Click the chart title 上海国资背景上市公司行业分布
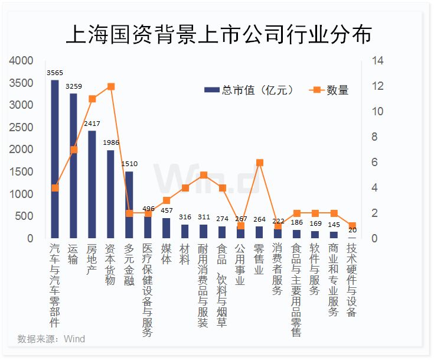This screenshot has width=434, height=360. pos(218,34)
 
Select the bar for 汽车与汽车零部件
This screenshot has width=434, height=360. pos(55,160)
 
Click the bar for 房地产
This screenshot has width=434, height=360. pos(92,184)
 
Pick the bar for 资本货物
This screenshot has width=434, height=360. pos(110,194)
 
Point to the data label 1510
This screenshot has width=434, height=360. pos(129,164)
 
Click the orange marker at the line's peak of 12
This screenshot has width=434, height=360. pos(110,86)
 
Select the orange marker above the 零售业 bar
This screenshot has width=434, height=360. pos(259,163)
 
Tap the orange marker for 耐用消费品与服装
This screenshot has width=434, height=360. pos(204,175)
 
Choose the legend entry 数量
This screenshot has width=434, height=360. pos(329,90)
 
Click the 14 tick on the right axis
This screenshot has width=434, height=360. pos(377,61)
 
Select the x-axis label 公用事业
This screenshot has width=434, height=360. pos(240,265)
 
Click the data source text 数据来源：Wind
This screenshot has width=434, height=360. pos(51,339)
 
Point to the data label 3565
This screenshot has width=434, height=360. pos(55,72)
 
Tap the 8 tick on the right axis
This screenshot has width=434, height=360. pos(375,137)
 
